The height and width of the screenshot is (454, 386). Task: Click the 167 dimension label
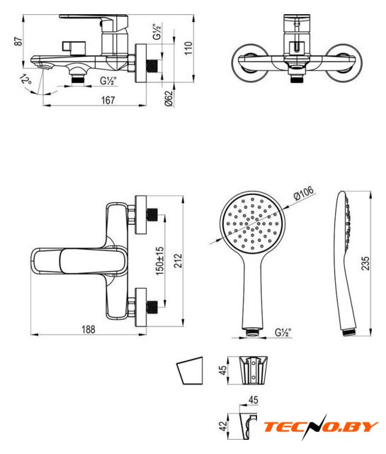coord(108,100)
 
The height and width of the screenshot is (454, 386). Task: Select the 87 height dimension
coord(18,41)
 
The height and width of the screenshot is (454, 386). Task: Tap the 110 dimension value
coord(188,48)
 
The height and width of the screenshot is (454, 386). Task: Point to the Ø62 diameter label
coord(169,99)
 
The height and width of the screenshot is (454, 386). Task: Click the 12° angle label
coord(25,79)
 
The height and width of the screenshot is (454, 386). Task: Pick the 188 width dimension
coord(89,329)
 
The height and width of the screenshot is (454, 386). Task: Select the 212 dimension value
coord(178,260)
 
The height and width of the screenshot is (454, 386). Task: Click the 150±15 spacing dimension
coord(160,260)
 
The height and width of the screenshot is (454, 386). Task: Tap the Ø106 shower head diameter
coord(303,193)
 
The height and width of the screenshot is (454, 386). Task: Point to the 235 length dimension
coord(365,263)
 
